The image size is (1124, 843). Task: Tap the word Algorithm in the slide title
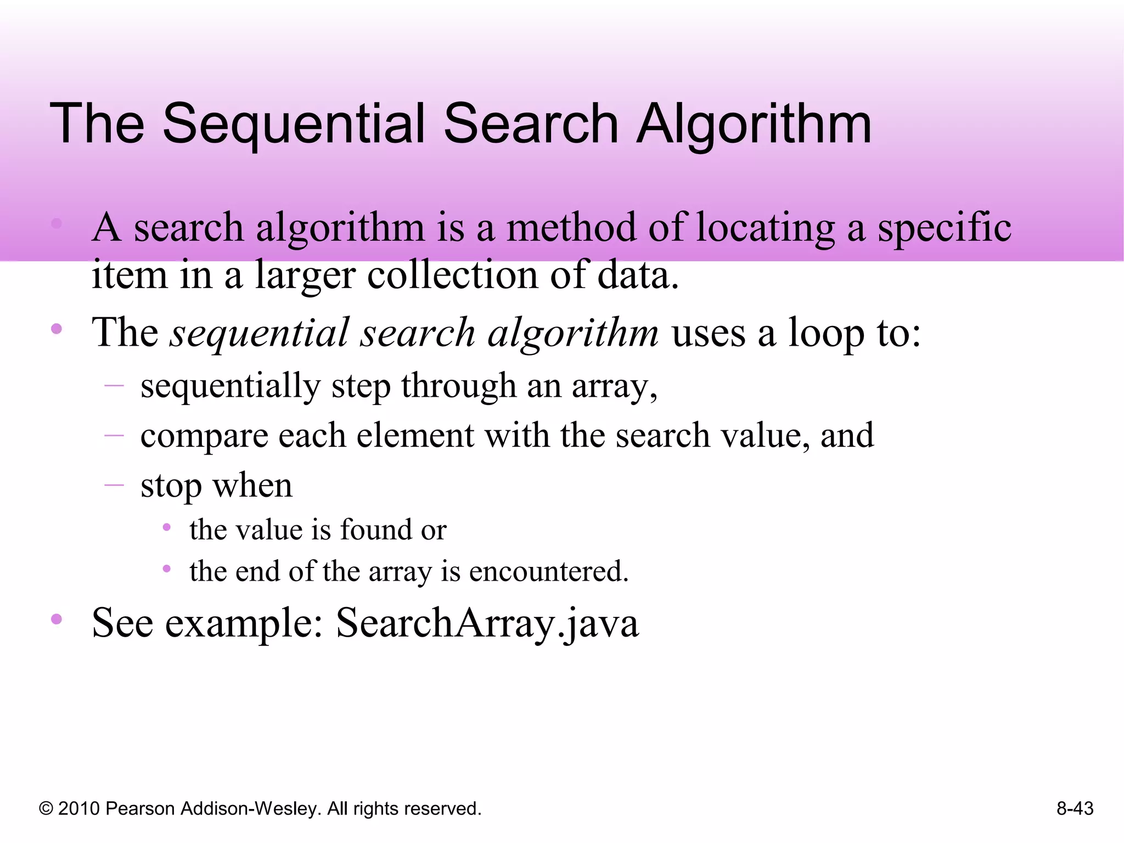754,125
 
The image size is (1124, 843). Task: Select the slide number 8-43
1075,808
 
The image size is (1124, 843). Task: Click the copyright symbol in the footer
46,809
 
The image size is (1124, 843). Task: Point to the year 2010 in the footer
79,809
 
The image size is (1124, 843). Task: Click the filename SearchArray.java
487,624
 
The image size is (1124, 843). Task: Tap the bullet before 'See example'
57,620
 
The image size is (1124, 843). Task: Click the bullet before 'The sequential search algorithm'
57,329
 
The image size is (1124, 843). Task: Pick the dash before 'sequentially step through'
114,386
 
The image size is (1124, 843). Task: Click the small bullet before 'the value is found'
167,528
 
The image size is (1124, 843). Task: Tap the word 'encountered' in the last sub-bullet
548,572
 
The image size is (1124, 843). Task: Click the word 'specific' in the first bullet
944,228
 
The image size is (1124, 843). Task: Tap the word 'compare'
204,437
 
